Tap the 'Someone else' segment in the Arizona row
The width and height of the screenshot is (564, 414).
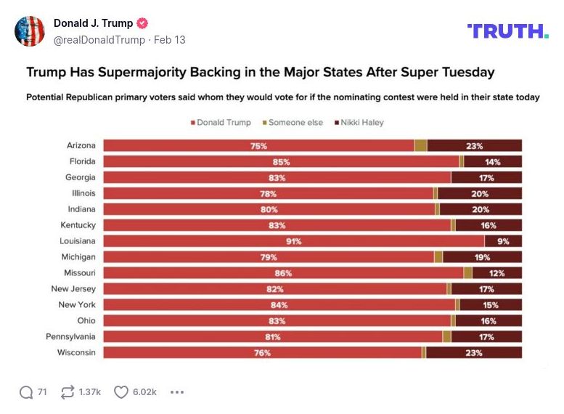[x=421, y=145]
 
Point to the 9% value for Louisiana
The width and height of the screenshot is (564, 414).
[x=503, y=241]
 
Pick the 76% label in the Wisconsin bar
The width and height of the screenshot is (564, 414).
[x=262, y=353]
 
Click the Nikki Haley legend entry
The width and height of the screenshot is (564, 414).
[x=358, y=123]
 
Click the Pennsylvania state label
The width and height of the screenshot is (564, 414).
[x=70, y=337]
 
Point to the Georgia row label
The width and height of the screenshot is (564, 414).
[x=80, y=177]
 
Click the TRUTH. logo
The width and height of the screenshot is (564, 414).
[x=507, y=31]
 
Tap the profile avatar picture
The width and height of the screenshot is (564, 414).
[x=30, y=31]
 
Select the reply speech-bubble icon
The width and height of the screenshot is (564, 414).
[x=26, y=392]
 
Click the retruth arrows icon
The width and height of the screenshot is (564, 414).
[x=68, y=392]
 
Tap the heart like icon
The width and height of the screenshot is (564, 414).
[x=121, y=392]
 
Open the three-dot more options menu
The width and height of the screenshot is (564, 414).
[x=176, y=392]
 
